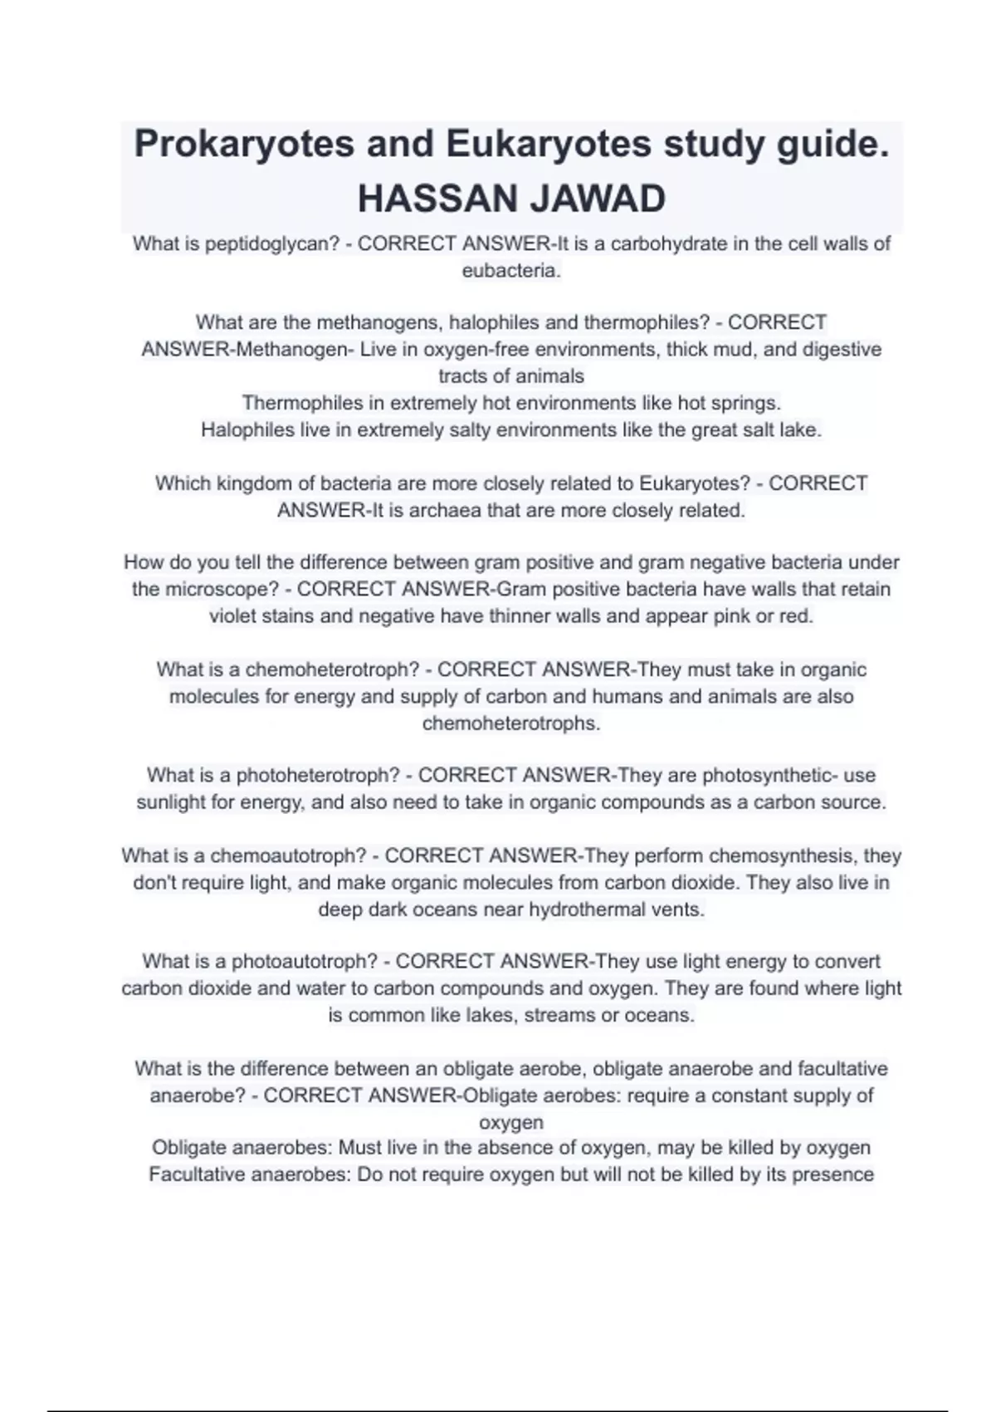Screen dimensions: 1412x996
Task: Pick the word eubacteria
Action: (510, 271)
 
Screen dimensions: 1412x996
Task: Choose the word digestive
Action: (842, 350)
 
